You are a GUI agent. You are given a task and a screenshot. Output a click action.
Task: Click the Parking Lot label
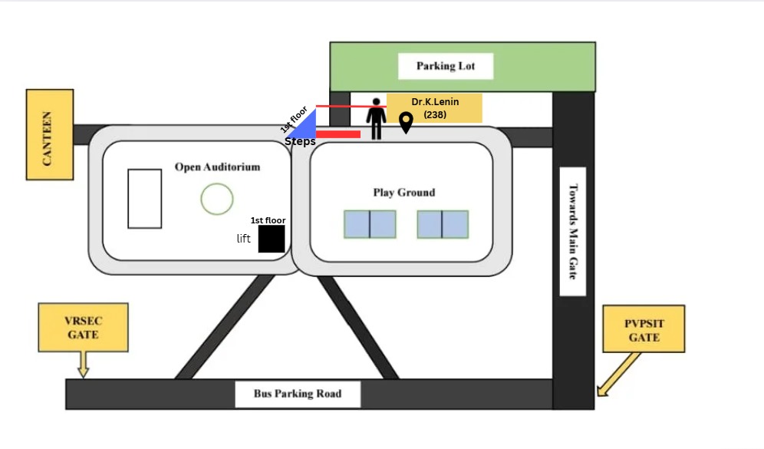click(446, 66)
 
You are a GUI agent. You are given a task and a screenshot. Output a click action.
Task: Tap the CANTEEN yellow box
click(50, 134)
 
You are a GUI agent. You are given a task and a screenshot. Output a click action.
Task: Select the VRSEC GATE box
click(84, 328)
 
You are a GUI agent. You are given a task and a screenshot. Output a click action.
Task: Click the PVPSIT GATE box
click(644, 329)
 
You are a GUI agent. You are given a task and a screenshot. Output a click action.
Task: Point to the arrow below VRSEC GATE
click(84, 364)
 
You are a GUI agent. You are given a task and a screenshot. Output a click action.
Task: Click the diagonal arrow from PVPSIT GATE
click(619, 374)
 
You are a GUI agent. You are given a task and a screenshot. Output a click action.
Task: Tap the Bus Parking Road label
click(298, 394)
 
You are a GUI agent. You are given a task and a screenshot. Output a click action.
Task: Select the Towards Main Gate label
click(573, 231)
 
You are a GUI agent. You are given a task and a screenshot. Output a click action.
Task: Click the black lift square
click(272, 239)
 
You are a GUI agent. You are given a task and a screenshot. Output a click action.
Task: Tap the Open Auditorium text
click(217, 167)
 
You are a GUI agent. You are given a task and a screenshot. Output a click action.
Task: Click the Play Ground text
click(404, 193)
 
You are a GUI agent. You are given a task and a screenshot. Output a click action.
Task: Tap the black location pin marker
click(406, 122)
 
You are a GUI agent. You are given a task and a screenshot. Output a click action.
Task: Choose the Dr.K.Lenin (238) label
click(435, 108)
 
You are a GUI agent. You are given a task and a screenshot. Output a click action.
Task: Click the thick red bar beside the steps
click(338, 134)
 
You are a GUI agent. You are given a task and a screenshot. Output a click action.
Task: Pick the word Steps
click(300, 141)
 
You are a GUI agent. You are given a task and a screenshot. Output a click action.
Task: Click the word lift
click(244, 239)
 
